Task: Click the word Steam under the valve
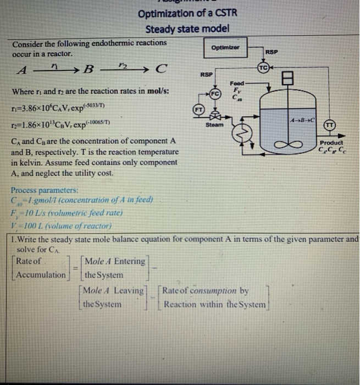pos(214,125)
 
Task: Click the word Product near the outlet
pos(331,142)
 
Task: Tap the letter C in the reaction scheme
pos(160,69)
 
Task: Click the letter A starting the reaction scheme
pos(22,70)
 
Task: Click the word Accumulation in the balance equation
pos(41,274)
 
